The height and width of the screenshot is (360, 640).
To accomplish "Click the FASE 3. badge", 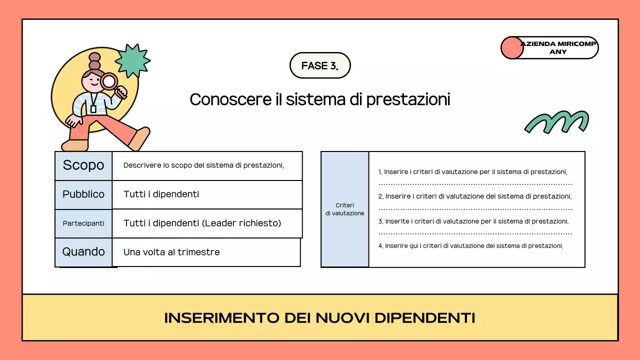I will (320, 65).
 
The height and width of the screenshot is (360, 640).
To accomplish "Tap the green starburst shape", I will (132, 61).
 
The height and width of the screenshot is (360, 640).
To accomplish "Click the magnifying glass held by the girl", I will (109, 81).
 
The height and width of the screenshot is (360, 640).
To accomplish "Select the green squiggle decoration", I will (556, 122).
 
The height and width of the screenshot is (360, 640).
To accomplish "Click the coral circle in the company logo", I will (511, 48).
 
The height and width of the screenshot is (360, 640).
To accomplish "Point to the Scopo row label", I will (83, 165).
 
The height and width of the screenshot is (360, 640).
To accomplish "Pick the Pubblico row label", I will (83, 194).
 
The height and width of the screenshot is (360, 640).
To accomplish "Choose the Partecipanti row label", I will (83, 223).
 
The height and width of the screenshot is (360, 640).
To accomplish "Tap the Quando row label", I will (83, 252).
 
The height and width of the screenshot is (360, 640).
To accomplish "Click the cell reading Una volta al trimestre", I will (171, 252).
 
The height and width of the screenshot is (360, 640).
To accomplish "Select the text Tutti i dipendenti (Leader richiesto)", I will (202, 223).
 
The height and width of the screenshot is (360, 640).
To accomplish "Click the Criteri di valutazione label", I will (345, 209).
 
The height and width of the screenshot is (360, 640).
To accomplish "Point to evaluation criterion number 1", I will (473, 172).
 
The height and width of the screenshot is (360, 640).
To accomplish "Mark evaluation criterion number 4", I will (471, 246).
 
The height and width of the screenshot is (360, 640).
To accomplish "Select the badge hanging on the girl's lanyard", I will (93, 109).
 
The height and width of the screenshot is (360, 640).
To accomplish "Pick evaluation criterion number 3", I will (473, 221).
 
